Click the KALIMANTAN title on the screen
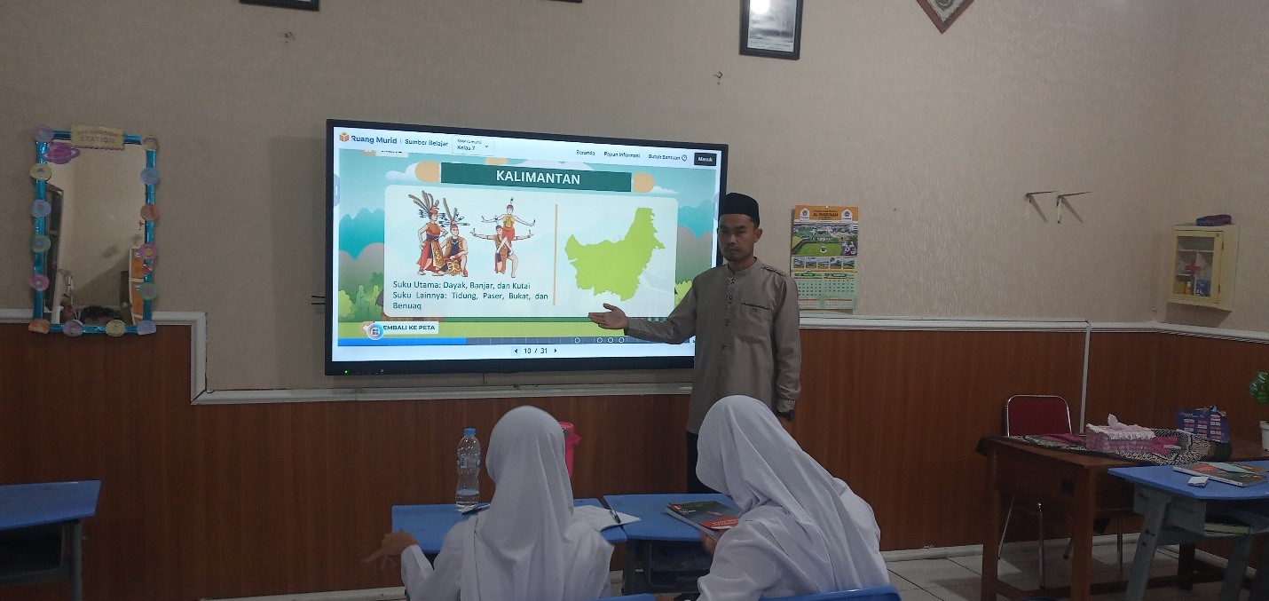pyautogui.click(x=538, y=178)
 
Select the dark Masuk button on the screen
pyautogui.click(x=705, y=159)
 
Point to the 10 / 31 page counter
pyautogui.click(x=535, y=351)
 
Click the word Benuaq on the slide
pyautogui.click(x=406, y=305)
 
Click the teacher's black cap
pyautogui.click(x=738, y=207)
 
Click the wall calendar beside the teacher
pyautogui.click(x=824, y=257)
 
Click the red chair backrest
pyautogui.click(x=1037, y=415)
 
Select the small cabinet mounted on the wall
pyautogui.click(x=1200, y=265)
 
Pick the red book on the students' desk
pyautogui.click(x=702, y=514)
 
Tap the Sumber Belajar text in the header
pyautogui.click(x=426, y=141)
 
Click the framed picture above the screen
pyautogui.click(x=770, y=28)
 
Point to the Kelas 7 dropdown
pyautogui.click(x=472, y=146)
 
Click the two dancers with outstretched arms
pyautogui.click(x=504, y=236)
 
